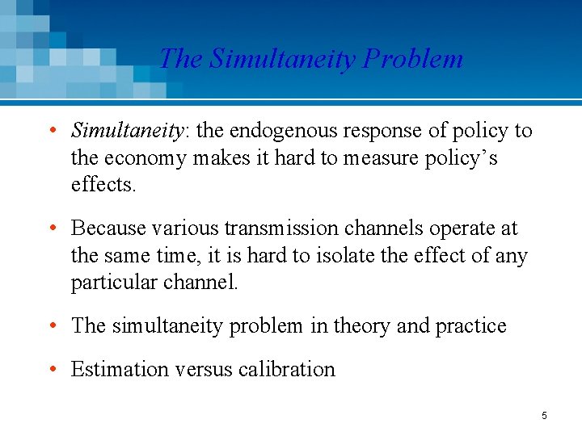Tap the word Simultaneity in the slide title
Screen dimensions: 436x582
pyautogui.click(x=282, y=59)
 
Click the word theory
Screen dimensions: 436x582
pyautogui.click(x=361, y=326)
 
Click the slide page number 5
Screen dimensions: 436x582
pyautogui.click(x=544, y=416)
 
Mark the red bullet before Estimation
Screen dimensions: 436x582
pyautogui.click(x=52, y=369)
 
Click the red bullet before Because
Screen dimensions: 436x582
pyautogui.click(x=52, y=228)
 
